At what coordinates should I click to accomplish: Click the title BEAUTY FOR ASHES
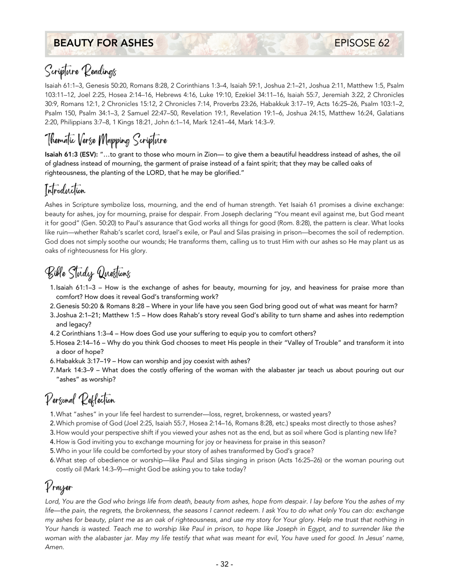103,43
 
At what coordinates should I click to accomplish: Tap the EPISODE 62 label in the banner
362,43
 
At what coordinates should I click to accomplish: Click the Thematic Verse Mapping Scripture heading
106,140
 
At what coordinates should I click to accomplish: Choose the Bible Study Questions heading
88,272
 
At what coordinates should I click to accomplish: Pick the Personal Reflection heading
80,399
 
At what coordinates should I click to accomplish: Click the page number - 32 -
224,564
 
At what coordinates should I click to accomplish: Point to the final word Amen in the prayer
54,547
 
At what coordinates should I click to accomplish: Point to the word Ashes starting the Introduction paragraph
54,205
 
